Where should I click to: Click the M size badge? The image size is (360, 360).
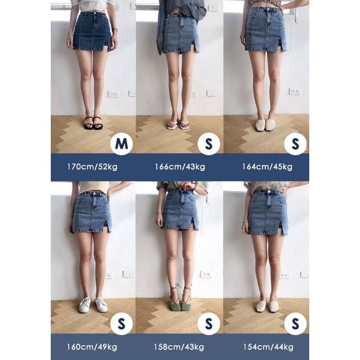click(x=122, y=144)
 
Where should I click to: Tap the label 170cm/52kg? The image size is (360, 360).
click(x=92, y=167)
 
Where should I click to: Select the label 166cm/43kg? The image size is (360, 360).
click(x=180, y=167)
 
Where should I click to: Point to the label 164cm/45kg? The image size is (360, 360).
click(x=267, y=167)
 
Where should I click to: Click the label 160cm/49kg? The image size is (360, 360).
click(x=92, y=346)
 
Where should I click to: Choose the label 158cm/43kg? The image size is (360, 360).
click(x=179, y=346)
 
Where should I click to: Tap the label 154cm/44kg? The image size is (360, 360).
click(x=268, y=346)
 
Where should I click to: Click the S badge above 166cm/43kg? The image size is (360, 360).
click(x=209, y=144)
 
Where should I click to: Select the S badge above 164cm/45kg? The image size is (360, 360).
click(x=295, y=144)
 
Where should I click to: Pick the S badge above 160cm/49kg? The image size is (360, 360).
click(x=122, y=324)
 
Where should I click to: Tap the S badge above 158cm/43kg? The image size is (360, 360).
click(x=209, y=324)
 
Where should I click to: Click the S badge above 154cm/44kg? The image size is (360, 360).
click(x=295, y=324)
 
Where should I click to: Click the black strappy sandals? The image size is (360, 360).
click(x=93, y=123)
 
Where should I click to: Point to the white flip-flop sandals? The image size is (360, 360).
click(x=178, y=125)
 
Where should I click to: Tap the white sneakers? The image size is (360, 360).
click(x=93, y=305)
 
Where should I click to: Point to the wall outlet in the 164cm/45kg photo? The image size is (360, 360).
click(x=295, y=91)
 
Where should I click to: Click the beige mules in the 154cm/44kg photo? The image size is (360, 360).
click(x=267, y=306)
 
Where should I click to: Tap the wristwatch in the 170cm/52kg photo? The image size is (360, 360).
click(x=115, y=30)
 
